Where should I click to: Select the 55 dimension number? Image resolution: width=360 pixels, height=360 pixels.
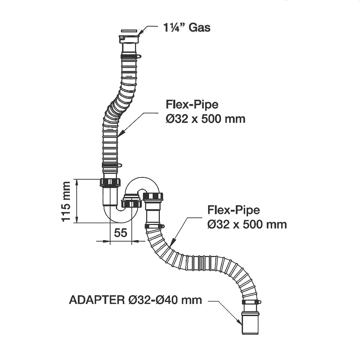[x=121, y=233]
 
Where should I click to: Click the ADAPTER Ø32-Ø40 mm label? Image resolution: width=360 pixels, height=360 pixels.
[x=135, y=300]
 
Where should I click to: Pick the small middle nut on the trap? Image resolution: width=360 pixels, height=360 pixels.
[x=131, y=204]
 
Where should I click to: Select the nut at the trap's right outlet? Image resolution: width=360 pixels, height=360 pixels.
[x=153, y=197]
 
